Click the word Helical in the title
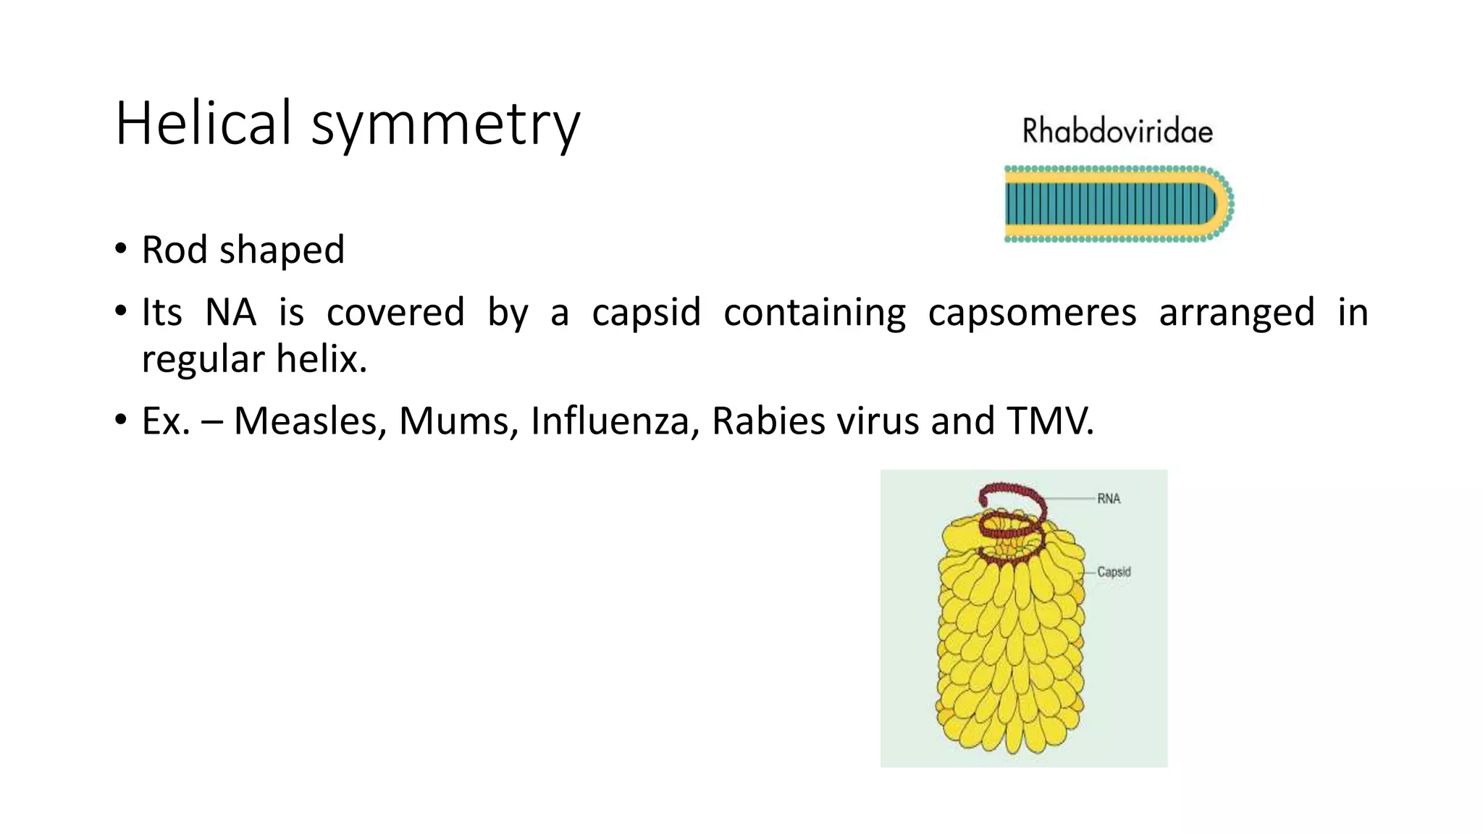(203, 123)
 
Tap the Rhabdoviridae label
(1117, 132)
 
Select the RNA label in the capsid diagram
(1109, 499)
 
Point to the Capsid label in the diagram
(1114, 572)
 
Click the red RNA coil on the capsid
(1012, 500)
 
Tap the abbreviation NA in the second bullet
(230, 313)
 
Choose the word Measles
(309, 421)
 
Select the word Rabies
(768, 421)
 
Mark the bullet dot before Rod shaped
(121, 250)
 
